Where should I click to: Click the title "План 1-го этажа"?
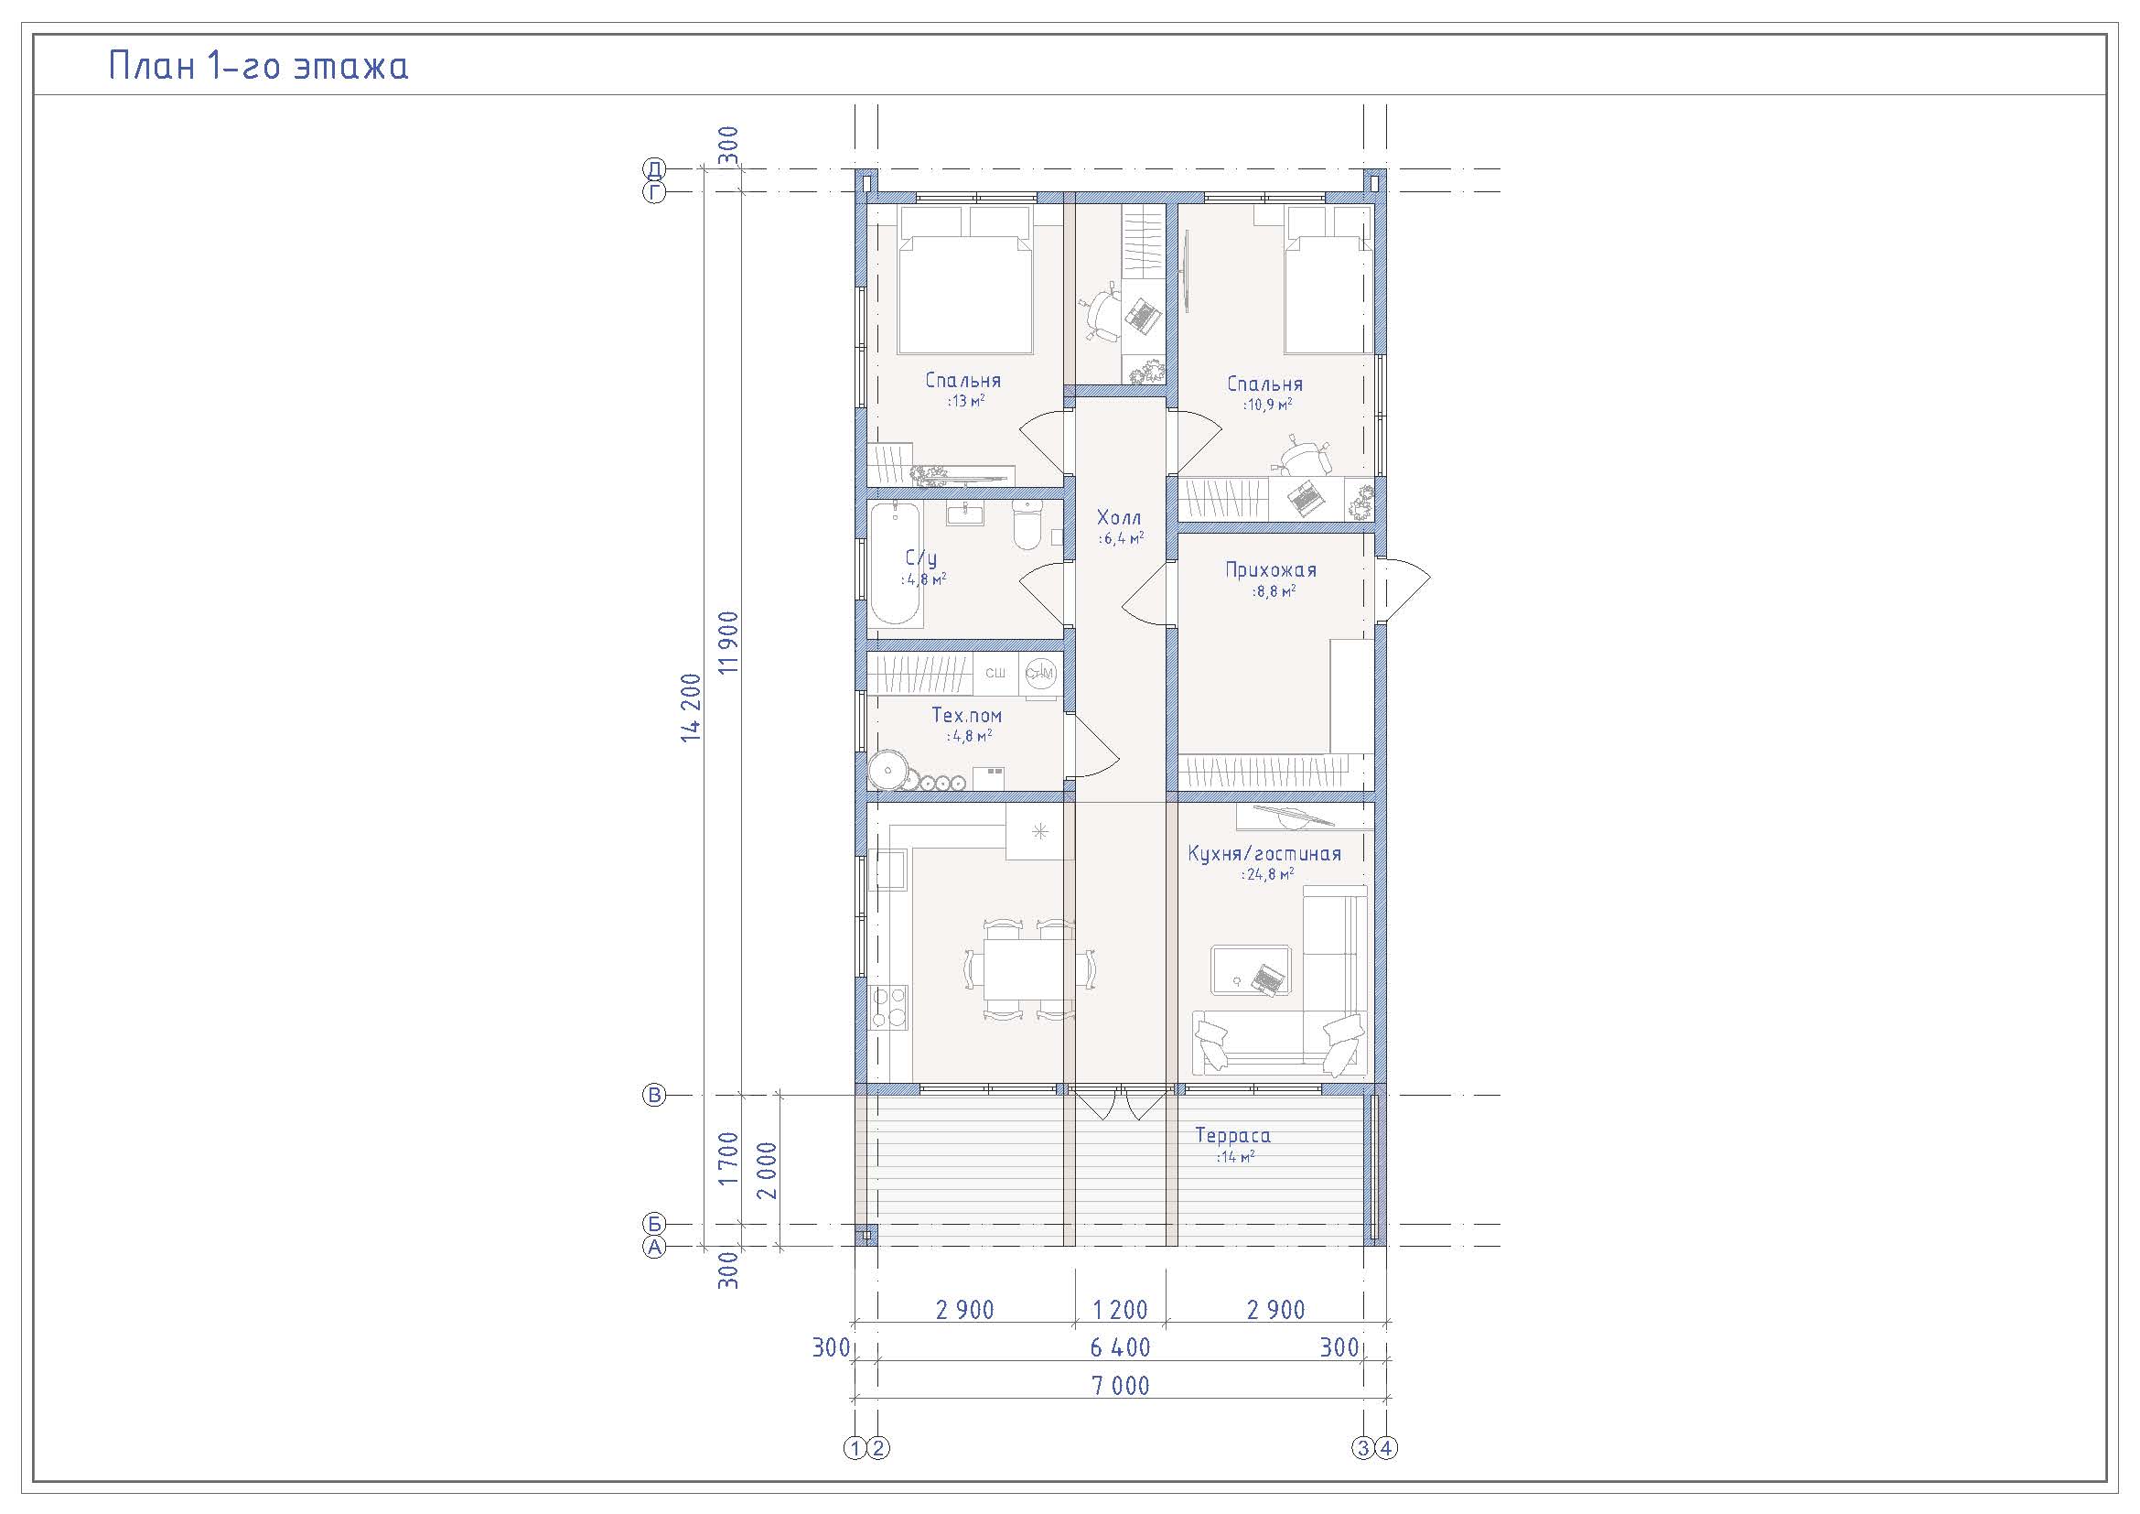pos(258,66)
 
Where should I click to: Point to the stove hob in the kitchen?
pos(237,1008)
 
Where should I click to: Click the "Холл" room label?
pos(1118,517)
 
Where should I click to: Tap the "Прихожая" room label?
pos(1271,569)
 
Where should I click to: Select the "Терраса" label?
pos(1233,1135)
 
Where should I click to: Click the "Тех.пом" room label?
pos(966,715)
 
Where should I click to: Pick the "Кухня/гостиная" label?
pos(1264,853)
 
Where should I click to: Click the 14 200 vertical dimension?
pos(691,708)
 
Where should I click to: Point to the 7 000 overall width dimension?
pos(1121,1385)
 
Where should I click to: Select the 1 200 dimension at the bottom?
pos(1121,1310)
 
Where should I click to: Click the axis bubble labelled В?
pos(654,1095)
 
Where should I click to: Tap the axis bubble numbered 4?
pos(1387,1448)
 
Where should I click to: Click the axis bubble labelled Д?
pos(654,168)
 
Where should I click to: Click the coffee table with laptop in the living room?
pos(1251,970)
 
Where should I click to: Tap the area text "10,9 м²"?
pos(1267,405)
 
